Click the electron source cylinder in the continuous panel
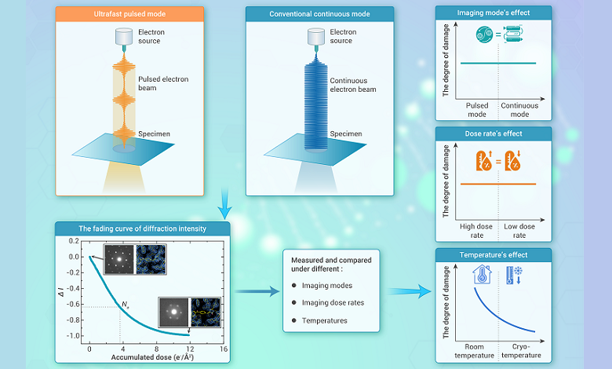pos(318,36)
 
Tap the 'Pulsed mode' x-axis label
pos(477,110)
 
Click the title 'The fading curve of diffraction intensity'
pos(142,228)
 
